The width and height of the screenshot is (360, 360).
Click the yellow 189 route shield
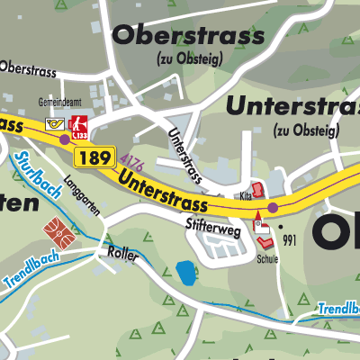[x=94, y=158]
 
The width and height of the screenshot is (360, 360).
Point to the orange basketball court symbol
[x=58, y=233]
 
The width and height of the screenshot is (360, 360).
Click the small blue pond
[x=186, y=269]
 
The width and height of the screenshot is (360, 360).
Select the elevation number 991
[x=289, y=240]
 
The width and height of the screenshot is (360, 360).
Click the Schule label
[x=267, y=258]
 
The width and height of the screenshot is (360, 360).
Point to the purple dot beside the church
[x=274, y=208]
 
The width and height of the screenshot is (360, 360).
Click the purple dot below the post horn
[x=64, y=139]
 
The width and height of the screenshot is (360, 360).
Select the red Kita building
[x=256, y=191]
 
